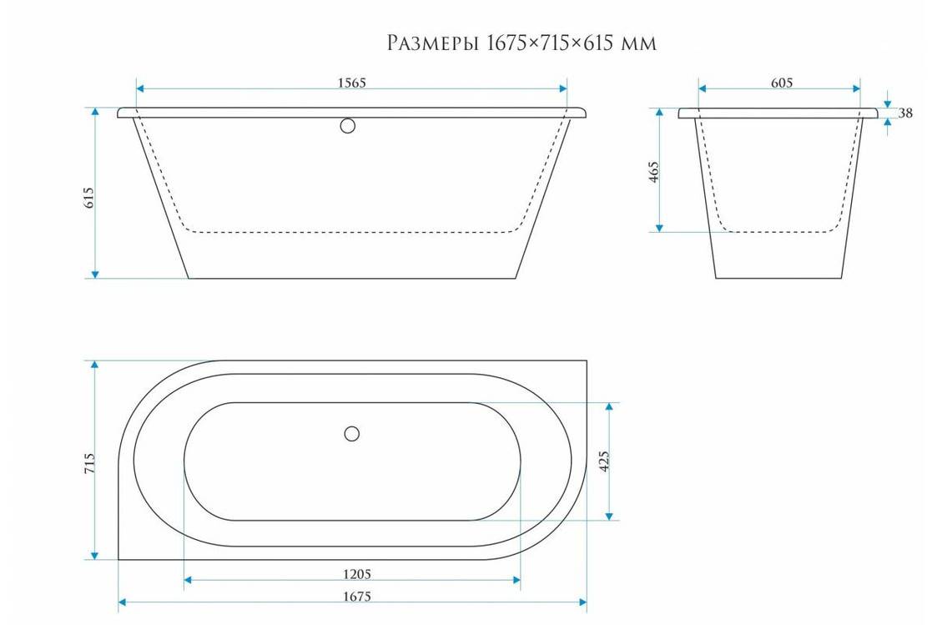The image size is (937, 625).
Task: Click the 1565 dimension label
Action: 351,83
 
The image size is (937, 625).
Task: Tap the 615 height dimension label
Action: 89,197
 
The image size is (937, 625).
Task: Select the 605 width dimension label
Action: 781,83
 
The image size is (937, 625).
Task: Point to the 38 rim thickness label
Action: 905,113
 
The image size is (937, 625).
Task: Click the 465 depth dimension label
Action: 654,172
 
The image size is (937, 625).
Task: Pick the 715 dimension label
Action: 89,464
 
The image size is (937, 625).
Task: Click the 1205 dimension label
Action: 357,574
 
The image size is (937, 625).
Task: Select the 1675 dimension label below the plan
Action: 357,597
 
